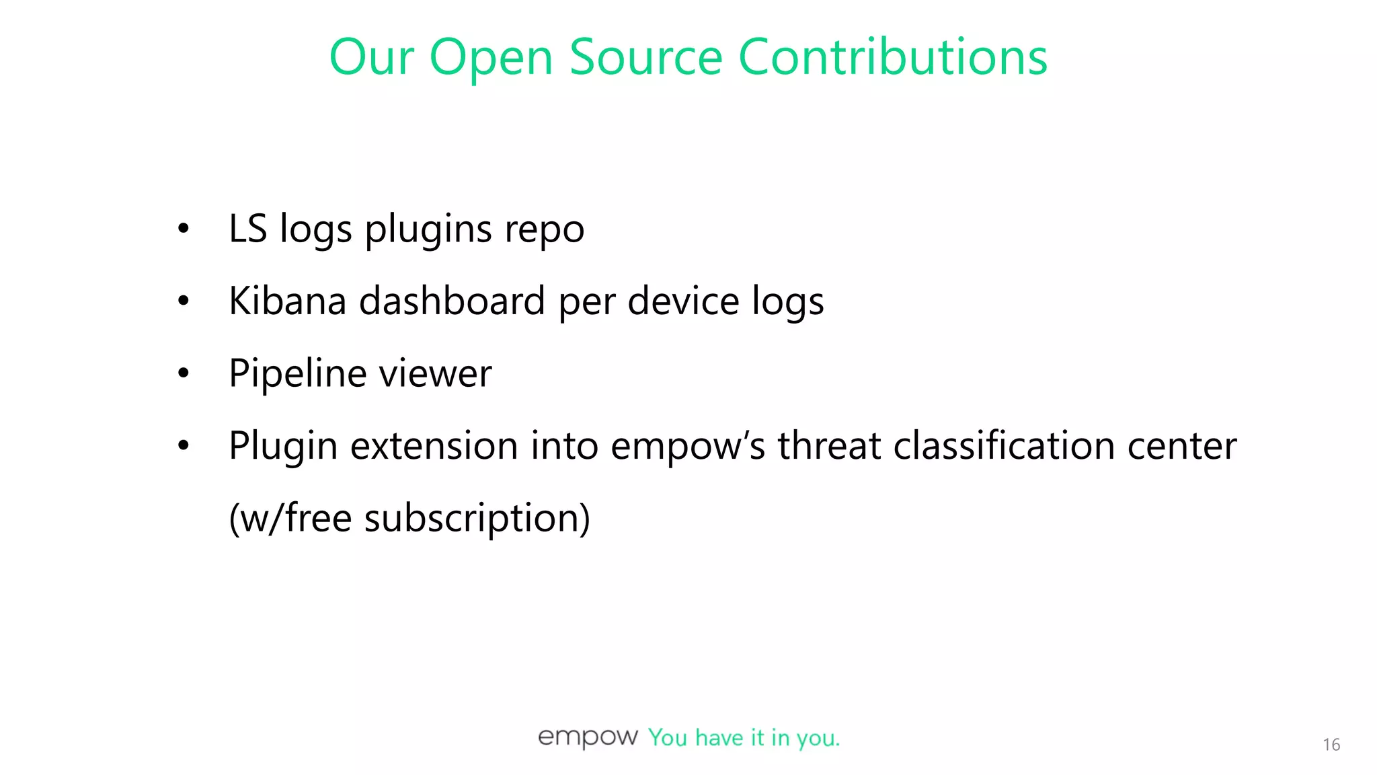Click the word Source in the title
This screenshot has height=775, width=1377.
(x=645, y=57)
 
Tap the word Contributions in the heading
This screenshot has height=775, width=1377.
(x=893, y=57)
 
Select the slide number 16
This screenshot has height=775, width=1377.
(x=1331, y=745)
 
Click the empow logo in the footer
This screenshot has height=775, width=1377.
(x=588, y=737)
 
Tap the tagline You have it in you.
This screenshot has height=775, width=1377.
(x=744, y=738)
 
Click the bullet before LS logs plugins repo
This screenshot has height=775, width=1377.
(x=184, y=229)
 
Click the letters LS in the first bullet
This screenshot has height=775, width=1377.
(x=247, y=229)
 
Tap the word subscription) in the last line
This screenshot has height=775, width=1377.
(x=477, y=519)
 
